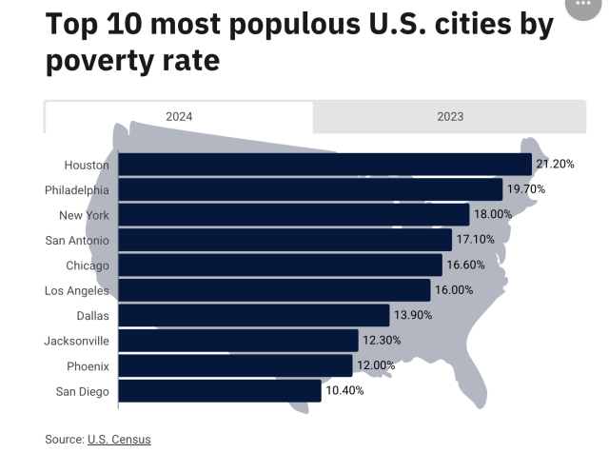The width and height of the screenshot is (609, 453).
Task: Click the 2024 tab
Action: tap(179, 116)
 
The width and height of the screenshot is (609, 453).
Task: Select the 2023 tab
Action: tap(449, 116)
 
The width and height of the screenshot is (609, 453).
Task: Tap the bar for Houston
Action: tap(324, 165)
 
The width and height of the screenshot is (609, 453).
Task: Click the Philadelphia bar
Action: tap(310, 189)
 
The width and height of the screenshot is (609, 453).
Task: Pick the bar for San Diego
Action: tap(220, 391)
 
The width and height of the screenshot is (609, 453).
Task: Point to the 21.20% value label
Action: tap(555, 165)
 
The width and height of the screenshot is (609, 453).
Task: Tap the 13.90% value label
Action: tap(412, 315)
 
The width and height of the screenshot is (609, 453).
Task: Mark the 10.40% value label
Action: tap(344, 390)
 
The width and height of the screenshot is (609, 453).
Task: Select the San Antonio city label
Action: tap(77, 240)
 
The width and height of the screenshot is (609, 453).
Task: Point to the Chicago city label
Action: tap(88, 265)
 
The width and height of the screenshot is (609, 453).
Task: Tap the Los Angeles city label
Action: tap(77, 290)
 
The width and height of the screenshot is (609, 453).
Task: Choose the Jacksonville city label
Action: tap(77, 341)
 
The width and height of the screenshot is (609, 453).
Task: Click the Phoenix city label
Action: tap(88, 365)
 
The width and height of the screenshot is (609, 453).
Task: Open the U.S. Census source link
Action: tap(119, 439)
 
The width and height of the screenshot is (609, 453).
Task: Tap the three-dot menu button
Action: tap(582, 5)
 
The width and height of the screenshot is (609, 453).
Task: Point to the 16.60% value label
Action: tap(465, 265)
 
